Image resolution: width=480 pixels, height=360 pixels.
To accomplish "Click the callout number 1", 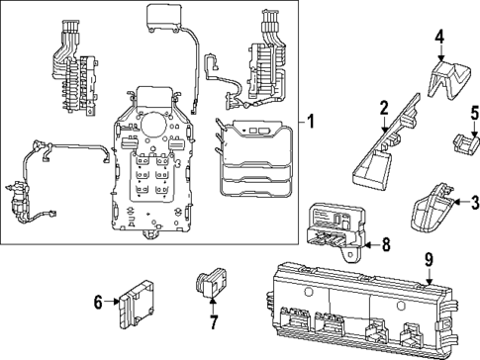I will coord(312,124).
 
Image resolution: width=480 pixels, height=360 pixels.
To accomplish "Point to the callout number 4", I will coord(438,39).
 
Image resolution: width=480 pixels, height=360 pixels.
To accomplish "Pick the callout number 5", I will coord(474,112).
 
